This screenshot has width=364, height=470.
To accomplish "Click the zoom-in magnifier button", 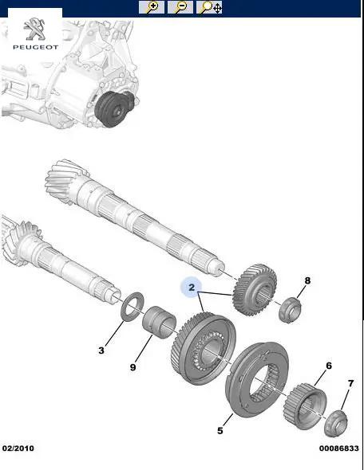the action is coord(152,7).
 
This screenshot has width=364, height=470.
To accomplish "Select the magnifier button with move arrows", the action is coord(209,7).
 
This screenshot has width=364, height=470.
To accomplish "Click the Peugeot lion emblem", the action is coord(35,29).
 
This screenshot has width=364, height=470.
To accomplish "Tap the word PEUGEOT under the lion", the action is coord(35,47).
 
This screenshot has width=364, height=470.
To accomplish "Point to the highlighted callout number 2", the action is coord(192,288).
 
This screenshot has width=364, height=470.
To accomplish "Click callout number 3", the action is coord(101,350).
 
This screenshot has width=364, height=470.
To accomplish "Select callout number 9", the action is coord(133,367).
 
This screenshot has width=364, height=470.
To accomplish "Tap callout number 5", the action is coord(220,430).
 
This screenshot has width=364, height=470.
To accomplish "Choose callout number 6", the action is coord(329,366).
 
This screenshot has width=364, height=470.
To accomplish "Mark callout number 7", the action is coord(350,383).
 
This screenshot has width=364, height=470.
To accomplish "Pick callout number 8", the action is coord(307,280).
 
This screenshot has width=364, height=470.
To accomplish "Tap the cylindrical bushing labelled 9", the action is coord(159,322).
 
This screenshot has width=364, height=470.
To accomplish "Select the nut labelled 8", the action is coord(290,310).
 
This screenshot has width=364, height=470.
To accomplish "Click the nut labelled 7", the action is coord(336,423).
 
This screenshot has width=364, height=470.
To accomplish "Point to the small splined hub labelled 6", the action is coord(305,405).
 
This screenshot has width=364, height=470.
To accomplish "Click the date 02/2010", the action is coord(18,448).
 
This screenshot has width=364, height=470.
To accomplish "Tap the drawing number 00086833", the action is coord(338,448).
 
